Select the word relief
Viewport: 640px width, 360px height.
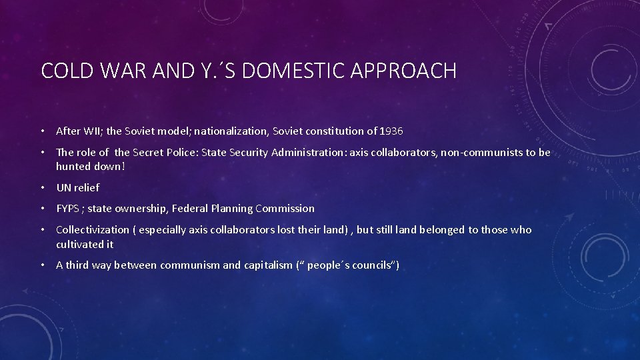coord(87,188)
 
